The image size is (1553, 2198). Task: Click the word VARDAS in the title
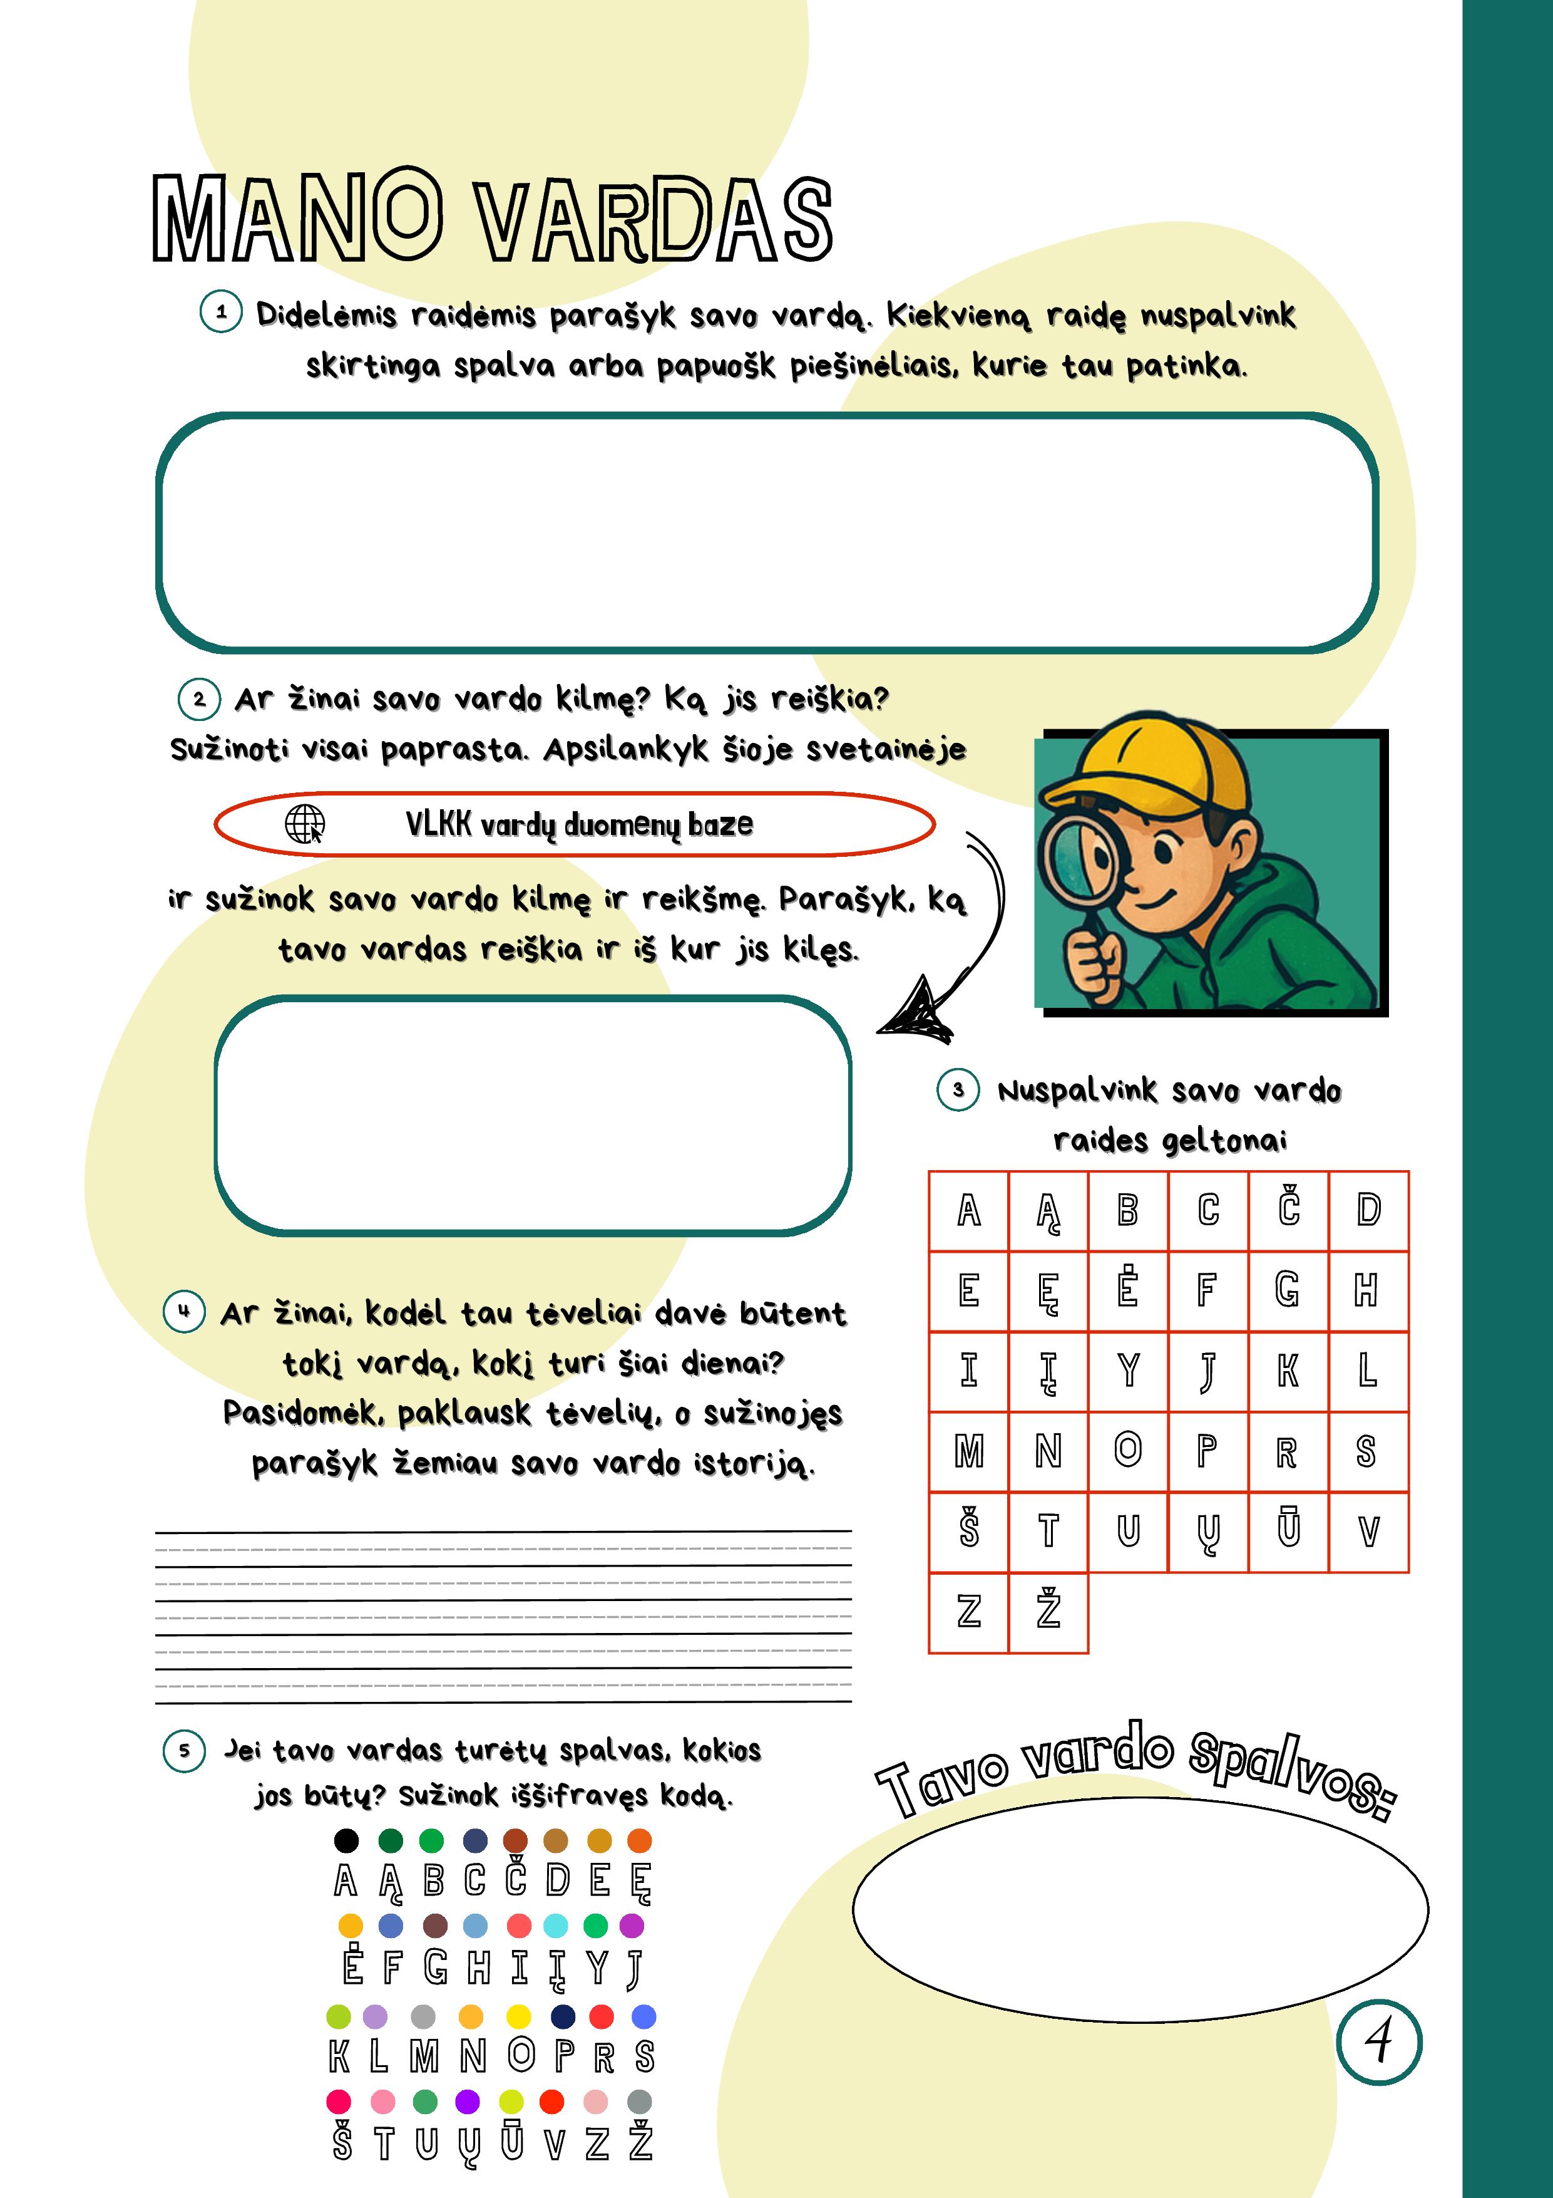coord(655,220)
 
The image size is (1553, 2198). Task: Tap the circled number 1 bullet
coord(221,312)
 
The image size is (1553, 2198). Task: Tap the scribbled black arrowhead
coord(916,1010)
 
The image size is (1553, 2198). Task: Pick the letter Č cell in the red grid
coord(1288,1210)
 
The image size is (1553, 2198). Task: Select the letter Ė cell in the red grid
coord(1128,1290)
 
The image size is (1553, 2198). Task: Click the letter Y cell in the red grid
coord(1128,1371)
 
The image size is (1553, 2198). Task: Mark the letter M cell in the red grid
coord(968,1451)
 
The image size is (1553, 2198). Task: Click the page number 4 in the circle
coord(1378,2042)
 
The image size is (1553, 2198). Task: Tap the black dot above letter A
coord(346,1840)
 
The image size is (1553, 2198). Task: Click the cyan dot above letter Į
coord(555,1925)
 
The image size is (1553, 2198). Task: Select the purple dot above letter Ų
coord(467,2102)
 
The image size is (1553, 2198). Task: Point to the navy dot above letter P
coord(563,2016)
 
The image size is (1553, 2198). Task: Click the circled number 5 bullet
coord(185,1751)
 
